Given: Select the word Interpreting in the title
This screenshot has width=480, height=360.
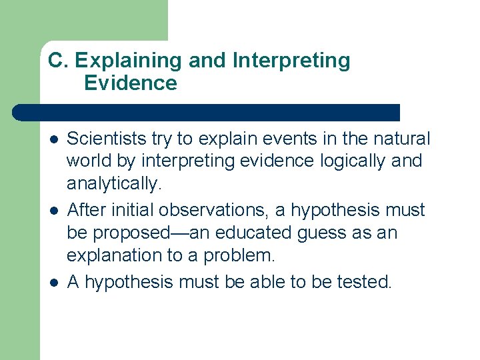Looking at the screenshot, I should pos(291,61).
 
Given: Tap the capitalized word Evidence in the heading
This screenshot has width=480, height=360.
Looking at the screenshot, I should pos(131,83).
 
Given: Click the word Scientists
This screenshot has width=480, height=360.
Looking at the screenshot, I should pos(107,139).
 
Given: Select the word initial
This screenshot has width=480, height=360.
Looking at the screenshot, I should pos(124,210).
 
